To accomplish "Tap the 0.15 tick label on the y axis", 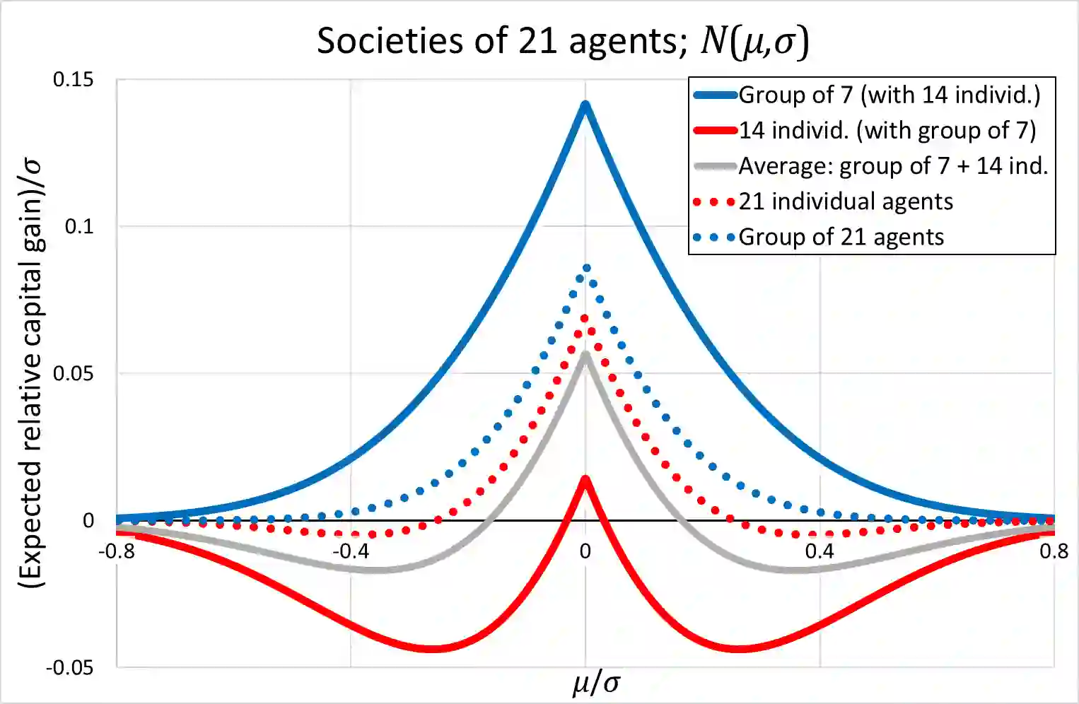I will (x=73, y=79).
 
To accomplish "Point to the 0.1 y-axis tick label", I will (x=78, y=226).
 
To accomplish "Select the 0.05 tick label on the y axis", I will (x=73, y=373).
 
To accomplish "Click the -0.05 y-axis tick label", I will (x=69, y=667).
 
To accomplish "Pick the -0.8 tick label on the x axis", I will (x=117, y=551).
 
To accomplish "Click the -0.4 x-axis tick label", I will (x=351, y=551).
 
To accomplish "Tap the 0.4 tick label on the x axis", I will (x=820, y=551).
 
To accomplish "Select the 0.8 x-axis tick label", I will (x=1054, y=551).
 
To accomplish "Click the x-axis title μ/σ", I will (x=596, y=684).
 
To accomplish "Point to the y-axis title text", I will (x=32, y=373).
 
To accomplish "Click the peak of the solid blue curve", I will (x=585, y=105).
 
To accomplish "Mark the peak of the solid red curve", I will (x=585, y=479).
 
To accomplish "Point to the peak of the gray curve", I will (x=585, y=355).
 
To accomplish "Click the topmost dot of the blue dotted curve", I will (x=586, y=268).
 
